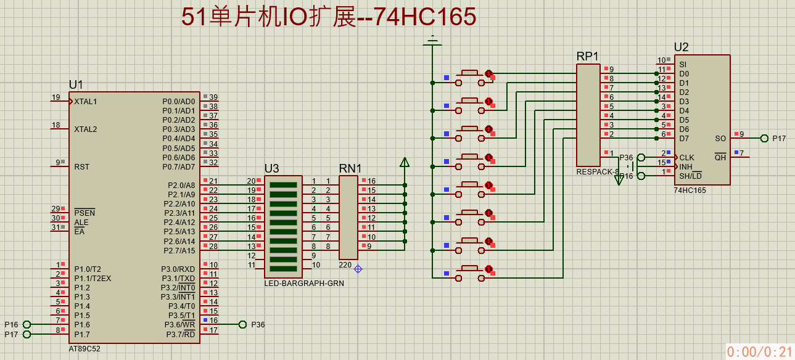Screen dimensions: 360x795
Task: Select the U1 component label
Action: pos(76,85)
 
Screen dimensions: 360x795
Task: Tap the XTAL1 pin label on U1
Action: pos(85,101)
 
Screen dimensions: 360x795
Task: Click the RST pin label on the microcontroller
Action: pos(81,166)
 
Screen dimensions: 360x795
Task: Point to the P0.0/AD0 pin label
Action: pos(178,101)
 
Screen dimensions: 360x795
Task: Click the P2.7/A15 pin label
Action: pos(179,250)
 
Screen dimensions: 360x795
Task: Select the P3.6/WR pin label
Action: pos(179,324)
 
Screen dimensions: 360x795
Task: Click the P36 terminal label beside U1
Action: pos(258,324)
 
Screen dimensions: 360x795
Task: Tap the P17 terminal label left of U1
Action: pos(12,334)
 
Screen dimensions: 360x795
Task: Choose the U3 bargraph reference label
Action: pos(271,168)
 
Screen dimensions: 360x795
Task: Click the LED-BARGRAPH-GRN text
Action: pos(304,284)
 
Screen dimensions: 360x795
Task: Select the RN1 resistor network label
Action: pos(350,168)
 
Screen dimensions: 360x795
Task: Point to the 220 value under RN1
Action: pos(345,265)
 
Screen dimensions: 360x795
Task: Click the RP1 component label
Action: pos(588,56)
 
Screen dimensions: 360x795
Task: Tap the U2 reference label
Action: pos(682,47)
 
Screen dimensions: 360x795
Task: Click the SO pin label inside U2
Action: pos(720,139)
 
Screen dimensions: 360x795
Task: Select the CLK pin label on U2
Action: pos(686,158)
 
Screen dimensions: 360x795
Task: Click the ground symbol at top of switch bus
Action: pos(432,42)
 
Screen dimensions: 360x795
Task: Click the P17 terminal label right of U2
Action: pos(779,139)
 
